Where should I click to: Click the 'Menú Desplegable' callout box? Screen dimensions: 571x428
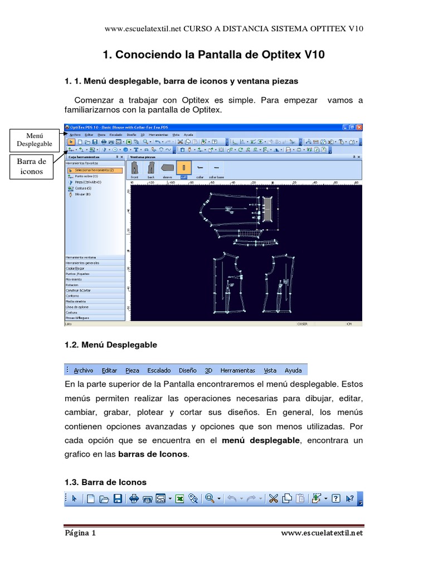coord(35,140)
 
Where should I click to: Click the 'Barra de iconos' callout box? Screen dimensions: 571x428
coord(35,167)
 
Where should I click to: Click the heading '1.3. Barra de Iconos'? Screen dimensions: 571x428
coord(105,481)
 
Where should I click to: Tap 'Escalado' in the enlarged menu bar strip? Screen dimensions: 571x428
coord(159,370)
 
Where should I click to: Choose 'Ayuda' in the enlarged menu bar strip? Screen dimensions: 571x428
coord(293,370)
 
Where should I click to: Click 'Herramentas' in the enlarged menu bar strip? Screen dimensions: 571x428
coord(237,370)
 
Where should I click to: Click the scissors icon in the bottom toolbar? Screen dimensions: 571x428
coord(273,499)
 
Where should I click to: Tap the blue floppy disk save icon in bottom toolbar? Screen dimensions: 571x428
coord(118,499)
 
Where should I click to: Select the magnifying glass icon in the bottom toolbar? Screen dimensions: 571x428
coord(210,499)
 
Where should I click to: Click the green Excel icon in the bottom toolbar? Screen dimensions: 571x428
coord(180,499)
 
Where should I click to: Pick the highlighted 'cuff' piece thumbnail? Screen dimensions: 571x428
coord(183,168)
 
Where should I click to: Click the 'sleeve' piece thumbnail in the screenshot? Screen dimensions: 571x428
coord(167,168)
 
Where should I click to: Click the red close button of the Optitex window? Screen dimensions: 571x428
coord(359,127)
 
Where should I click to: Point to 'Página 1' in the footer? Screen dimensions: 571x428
coord(80,533)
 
